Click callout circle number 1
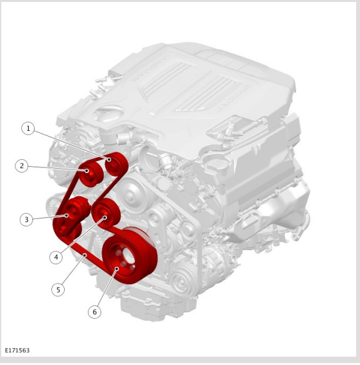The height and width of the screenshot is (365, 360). pos(28,128)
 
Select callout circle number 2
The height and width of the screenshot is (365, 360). pos(22,166)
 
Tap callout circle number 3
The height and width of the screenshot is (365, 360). pos(26,219)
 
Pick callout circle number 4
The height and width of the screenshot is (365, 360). pos(56,257)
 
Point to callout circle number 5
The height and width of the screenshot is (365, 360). pos(58,290)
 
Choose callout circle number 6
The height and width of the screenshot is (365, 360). pos(94,312)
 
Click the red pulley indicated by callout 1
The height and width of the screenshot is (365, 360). pos(116,164)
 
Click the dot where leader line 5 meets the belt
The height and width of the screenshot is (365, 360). pos(85,255)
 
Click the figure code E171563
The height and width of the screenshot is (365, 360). pos(17,350)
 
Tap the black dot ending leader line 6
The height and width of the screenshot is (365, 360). pos(117,269)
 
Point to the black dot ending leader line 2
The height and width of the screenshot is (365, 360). pos(87,171)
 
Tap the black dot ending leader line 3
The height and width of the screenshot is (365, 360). pos(67,216)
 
